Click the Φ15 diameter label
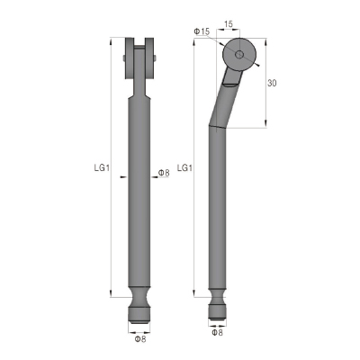coord(202,31)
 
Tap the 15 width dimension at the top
coord(229,24)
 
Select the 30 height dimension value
coord(272,83)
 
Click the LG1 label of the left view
coord(102,168)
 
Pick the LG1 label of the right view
coord(184,168)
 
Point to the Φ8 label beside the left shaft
coord(164,173)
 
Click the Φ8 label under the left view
coord(140,339)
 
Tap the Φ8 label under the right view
coord(217,332)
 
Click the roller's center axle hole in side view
coord(239,55)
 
